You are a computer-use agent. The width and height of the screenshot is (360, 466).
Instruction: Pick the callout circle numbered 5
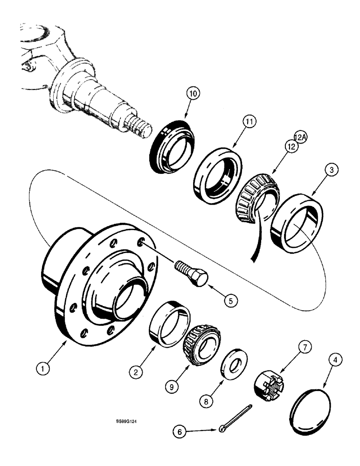(229, 301)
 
